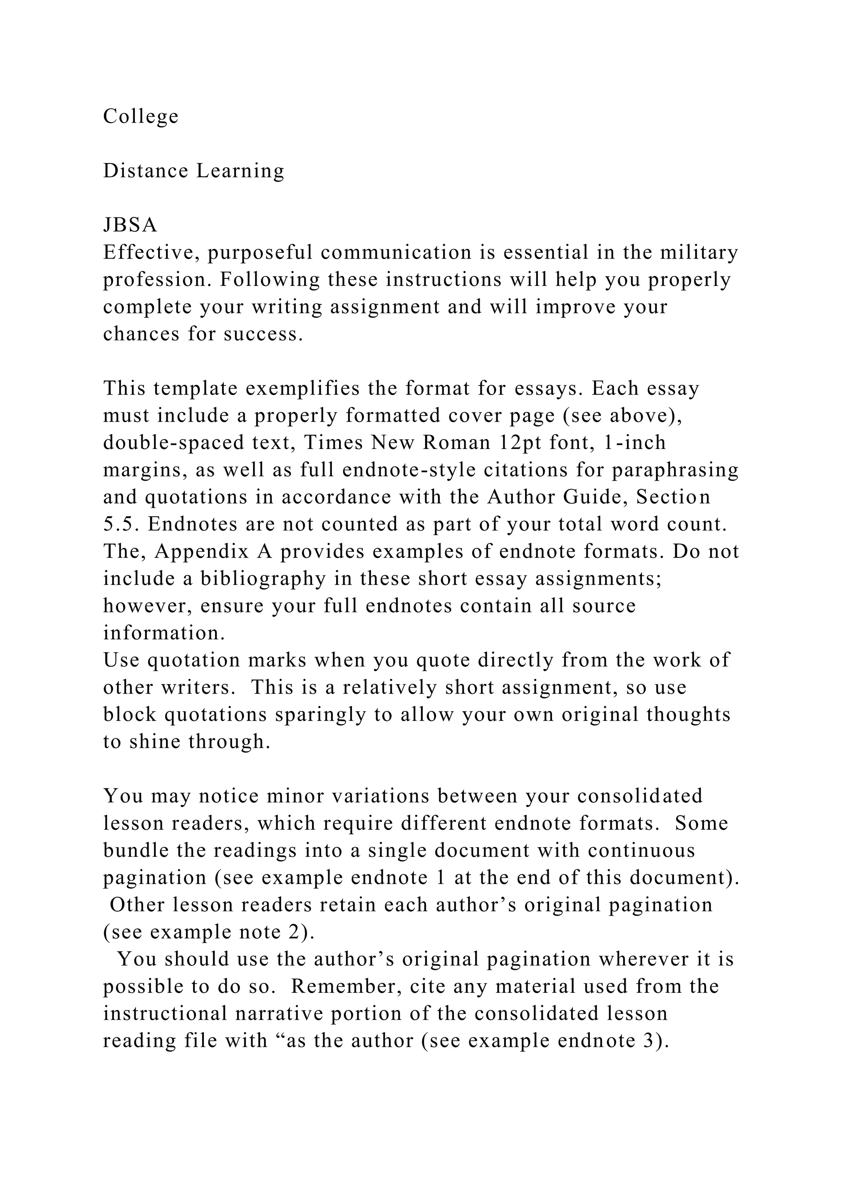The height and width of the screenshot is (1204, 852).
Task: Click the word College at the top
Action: tap(141, 117)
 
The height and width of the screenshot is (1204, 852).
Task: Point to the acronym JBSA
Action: tap(130, 225)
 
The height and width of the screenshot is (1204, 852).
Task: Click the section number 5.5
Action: tap(121, 524)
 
